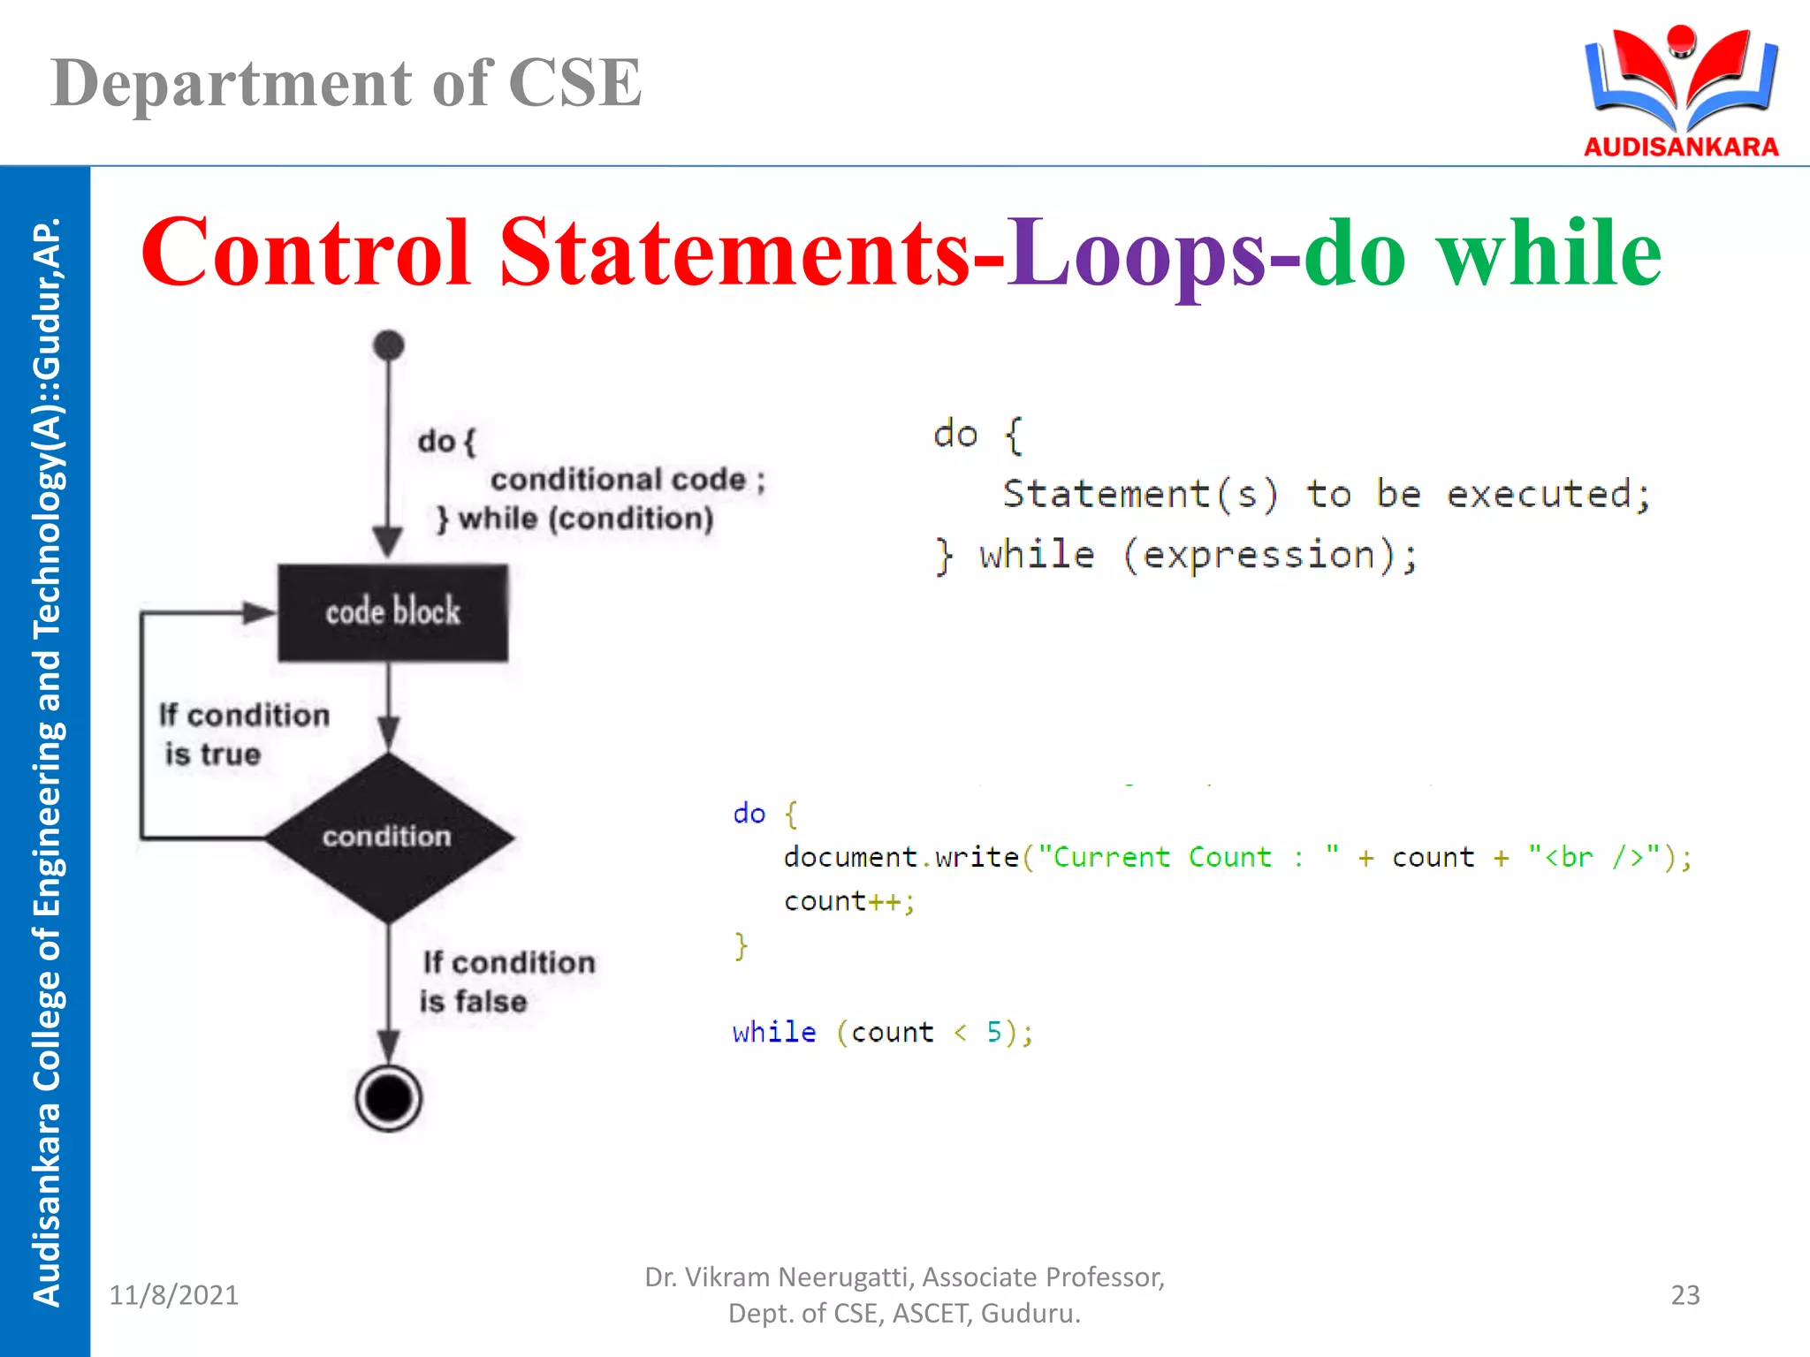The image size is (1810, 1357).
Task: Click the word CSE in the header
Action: pos(574,84)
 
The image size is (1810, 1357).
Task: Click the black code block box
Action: pos(392,612)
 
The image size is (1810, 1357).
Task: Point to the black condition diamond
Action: pos(388,837)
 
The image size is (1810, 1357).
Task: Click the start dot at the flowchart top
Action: pos(388,345)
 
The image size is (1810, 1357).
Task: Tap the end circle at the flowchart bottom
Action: pos(388,1098)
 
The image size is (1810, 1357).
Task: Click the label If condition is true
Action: pos(243,734)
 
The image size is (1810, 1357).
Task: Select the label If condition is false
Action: pos(507,982)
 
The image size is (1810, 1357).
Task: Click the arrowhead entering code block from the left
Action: pos(259,612)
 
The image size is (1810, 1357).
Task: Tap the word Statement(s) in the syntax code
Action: pos(1140,494)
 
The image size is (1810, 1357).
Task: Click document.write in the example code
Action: pos(901,857)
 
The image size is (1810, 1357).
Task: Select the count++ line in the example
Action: pos(848,901)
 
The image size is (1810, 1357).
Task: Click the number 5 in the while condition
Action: pos(993,1032)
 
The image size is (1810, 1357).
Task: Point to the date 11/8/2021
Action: pos(174,1295)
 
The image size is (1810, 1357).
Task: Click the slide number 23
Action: pos(1685,1295)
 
